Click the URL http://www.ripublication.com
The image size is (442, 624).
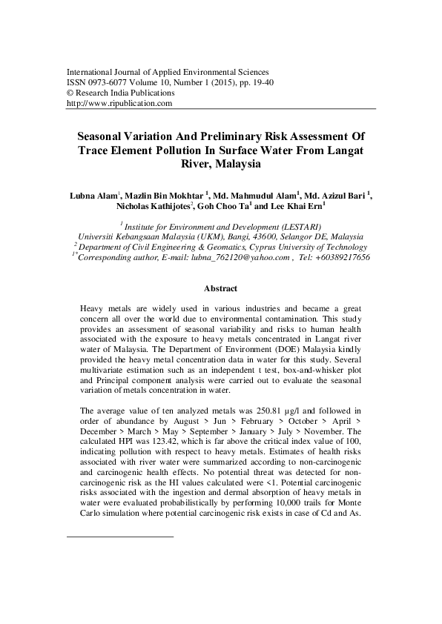[x=119, y=104]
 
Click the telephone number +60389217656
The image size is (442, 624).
[x=337, y=257]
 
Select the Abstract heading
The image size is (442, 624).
[x=220, y=288]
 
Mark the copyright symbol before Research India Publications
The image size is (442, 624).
[x=70, y=94]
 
